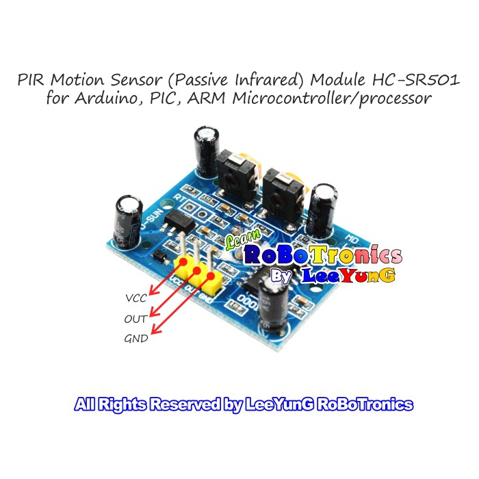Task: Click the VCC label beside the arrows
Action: pyautogui.click(x=137, y=299)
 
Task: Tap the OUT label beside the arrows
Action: pyautogui.click(x=135, y=319)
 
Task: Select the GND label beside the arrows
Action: pyautogui.click(x=136, y=339)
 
